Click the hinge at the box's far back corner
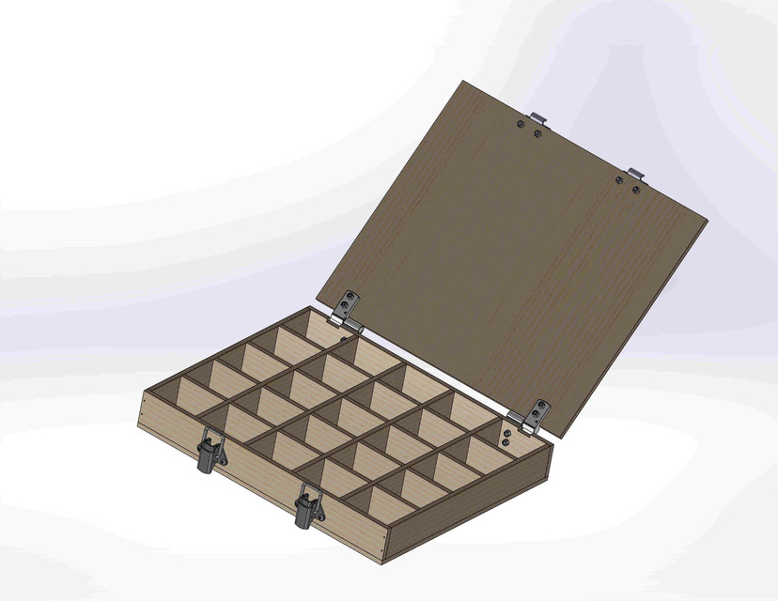347,310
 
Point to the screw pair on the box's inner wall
506,438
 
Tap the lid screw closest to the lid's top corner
523,122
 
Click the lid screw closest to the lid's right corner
637,190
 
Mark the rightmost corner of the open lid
707,221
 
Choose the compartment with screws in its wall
479,451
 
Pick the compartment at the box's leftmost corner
174,400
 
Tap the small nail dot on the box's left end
141,410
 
